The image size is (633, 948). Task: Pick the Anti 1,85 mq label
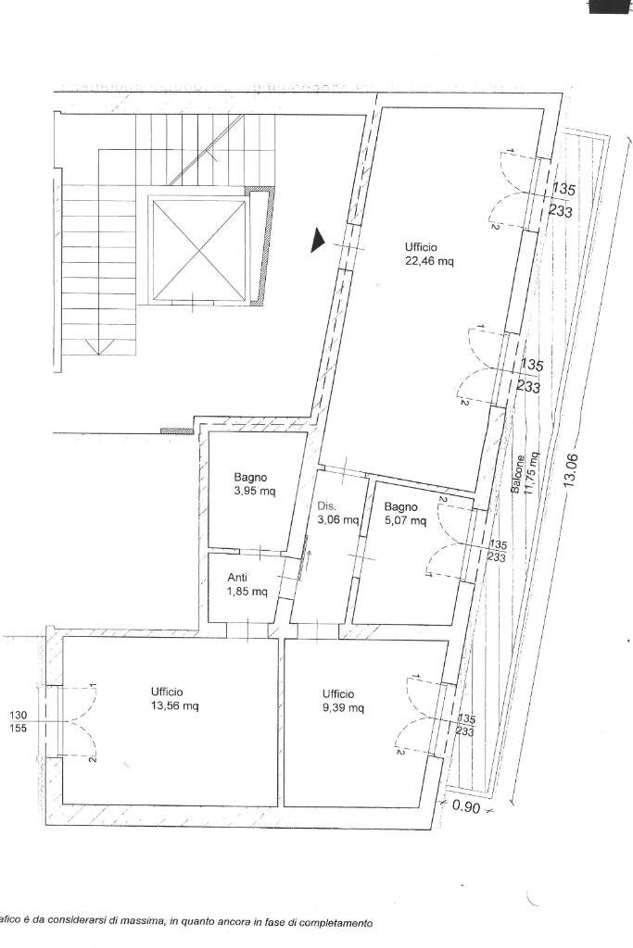click(247, 584)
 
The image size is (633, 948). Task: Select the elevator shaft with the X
click(199, 248)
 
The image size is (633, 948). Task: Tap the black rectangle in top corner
click(610, 6)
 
